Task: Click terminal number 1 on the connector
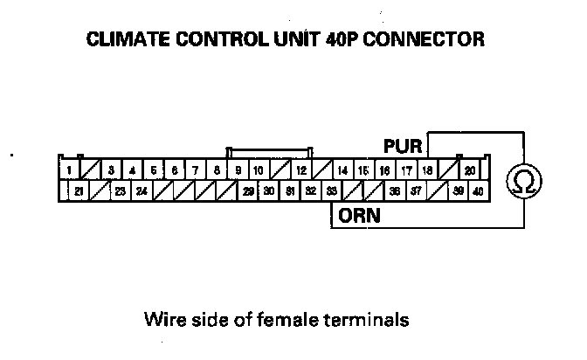(x=68, y=170)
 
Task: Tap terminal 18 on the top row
(x=427, y=170)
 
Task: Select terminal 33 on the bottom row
(x=331, y=190)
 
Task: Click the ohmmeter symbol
(x=524, y=180)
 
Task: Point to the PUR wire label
(x=402, y=145)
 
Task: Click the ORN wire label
(x=360, y=215)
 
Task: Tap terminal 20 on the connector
(x=469, y=170)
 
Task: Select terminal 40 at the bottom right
(x=479, y=190)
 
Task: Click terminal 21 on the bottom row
(x=79, y=190)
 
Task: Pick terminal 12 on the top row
(x=300, y=170)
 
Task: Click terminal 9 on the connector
(x=238, y=170)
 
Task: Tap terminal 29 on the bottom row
(x=248, y=190)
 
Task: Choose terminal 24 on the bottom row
(x=142, y=190)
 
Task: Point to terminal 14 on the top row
(x=342, y=170)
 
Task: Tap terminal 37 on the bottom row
(x=416, y=190)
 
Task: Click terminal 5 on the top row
(x=153, y=170)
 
